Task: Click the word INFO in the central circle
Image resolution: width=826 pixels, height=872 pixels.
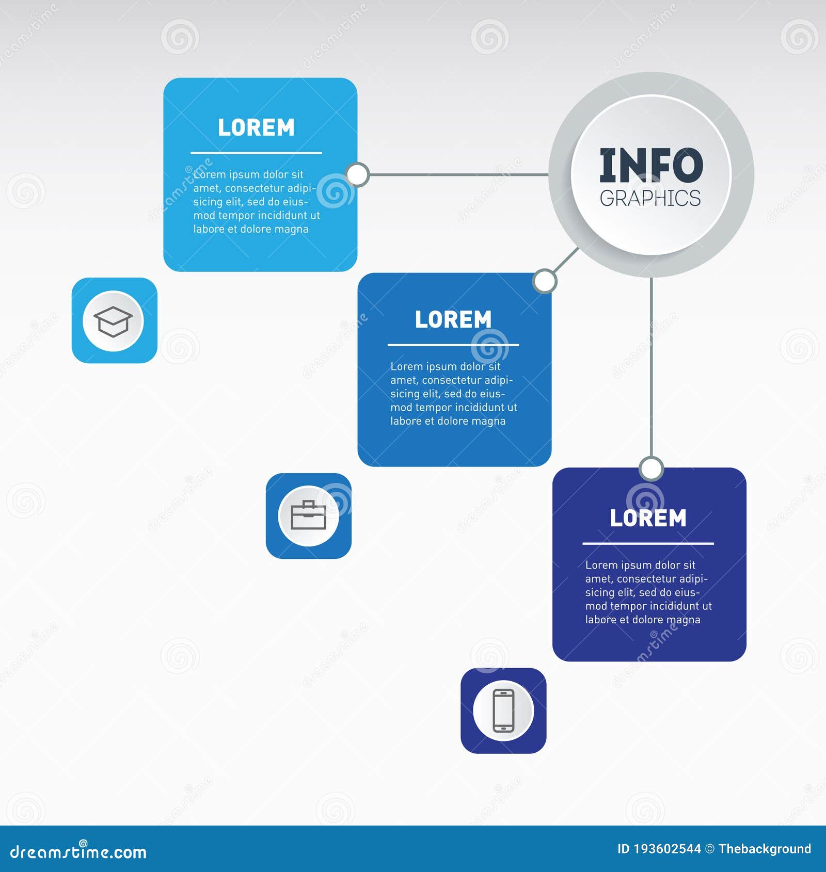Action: [x=651, y=165]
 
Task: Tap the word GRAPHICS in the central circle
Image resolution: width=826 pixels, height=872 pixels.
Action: [x=650, y=199]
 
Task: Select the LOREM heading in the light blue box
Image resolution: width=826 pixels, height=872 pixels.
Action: [x=256, y=127]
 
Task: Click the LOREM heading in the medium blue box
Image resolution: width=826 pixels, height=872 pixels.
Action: [x=453, y=319]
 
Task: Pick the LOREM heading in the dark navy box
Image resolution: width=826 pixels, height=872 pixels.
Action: [x=648, y=518]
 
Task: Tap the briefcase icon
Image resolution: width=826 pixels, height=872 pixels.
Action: [x=309, y=515]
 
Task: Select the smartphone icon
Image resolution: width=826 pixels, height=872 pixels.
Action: [x=503, y=710]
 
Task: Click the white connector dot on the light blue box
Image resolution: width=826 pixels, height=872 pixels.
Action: [x=357, y=174]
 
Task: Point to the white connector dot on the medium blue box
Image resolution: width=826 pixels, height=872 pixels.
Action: [x=544, y=281]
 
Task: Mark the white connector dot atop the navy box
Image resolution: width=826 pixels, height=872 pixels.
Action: [x=651, y=469]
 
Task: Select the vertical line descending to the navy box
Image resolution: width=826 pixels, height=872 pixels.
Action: [x=651, y=366]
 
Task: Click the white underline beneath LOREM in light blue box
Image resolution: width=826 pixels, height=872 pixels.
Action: [x=256, y=153]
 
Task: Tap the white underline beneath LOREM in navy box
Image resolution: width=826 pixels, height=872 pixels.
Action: [x=648, y=543]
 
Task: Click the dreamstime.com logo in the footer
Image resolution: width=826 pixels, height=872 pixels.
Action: [x=78, y=852]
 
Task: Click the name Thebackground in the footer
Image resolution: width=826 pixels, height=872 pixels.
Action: [x=765, y=849]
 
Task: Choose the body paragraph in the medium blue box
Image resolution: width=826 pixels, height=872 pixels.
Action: [x=453, y=394]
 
